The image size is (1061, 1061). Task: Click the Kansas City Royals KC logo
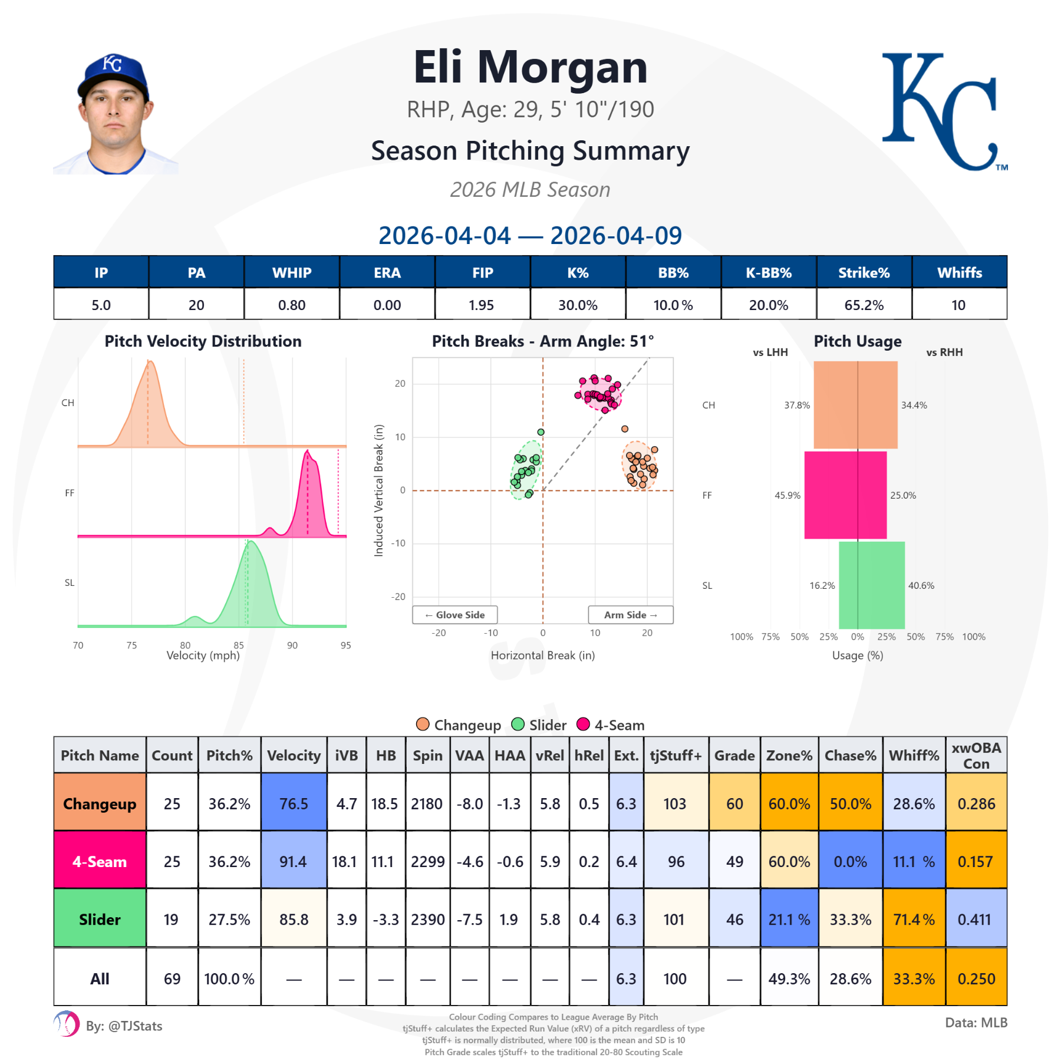(x=943, y=112)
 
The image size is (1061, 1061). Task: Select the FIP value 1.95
(x=482, y=305)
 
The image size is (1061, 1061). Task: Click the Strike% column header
(x=864, y=272)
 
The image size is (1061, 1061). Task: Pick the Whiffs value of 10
(x=958, y=305)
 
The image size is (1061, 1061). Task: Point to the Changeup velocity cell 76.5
(x=294, y=803)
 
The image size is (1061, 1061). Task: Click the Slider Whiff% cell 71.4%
(x=914, y=919)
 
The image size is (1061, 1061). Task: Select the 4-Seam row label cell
(x=100, y=861)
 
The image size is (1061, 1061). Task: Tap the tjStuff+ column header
(x=676, y=755)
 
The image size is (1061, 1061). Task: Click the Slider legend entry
(x=539, y=725)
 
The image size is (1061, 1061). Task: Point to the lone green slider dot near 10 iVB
(x=541, y=432)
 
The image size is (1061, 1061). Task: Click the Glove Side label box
(x=454, y=615)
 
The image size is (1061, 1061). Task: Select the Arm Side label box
(x=630, y=615)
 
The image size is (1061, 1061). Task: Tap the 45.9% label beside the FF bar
(x=787, y=495)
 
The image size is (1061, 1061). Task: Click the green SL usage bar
(x=871, y=585)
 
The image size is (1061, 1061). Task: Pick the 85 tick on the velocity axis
(x=239, y=645)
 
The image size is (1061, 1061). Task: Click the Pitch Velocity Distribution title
(x=203, y=341)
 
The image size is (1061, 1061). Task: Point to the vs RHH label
(x=944, y=352)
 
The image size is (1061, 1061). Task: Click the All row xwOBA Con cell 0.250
(x=976, y=978)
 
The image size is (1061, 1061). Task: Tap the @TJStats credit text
(x=124, y=1026)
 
